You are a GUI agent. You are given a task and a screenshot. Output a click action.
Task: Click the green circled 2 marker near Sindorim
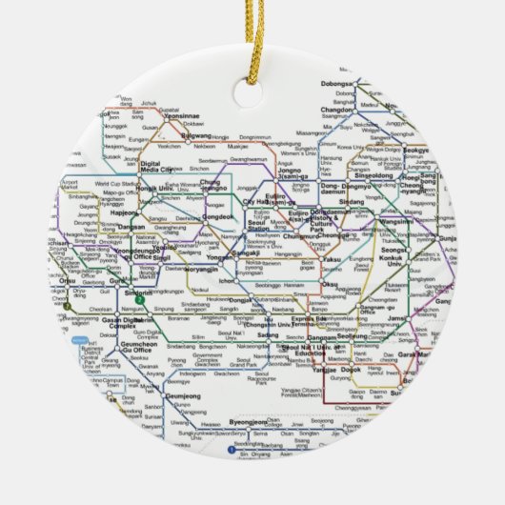pos(140,301)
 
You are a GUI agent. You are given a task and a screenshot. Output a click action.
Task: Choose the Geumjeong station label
pos(184,396)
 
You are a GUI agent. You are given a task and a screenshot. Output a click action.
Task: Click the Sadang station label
pos(268,334)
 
